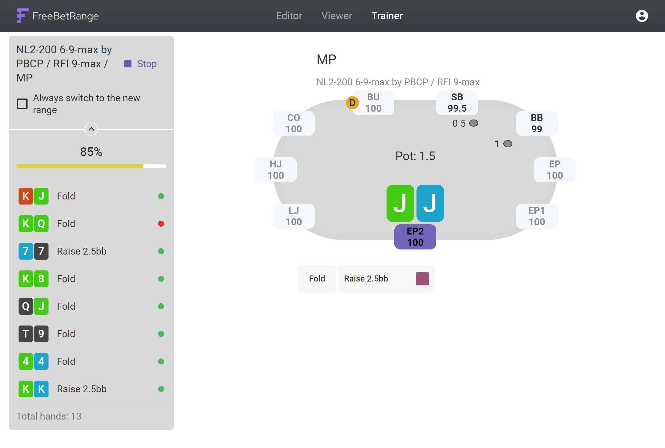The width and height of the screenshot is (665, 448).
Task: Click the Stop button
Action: click(140, 64)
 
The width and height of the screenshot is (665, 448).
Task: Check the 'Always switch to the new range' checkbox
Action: click(22, 104)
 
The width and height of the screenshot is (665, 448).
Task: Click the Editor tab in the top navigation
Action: click(289, 16)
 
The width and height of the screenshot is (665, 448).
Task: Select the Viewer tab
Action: click(337, 16)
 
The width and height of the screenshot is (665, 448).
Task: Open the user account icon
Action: click(642, 16)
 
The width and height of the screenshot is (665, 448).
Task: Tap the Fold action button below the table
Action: click(317, 279)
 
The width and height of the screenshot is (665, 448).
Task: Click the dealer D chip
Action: click(352, 103)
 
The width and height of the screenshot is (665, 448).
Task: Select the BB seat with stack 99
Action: click(537, 123)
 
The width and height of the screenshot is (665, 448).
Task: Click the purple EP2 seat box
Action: click(415, 237)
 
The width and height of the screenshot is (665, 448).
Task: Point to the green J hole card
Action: click(400, 203)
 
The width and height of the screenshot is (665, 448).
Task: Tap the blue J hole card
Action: click(430, 203)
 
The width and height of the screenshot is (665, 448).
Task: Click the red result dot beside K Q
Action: click(161, 224)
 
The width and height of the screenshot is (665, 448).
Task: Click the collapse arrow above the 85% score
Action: click(91, 129)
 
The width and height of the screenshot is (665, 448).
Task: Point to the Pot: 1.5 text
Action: click(415, 156)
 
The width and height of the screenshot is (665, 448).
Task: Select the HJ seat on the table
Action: click(276, 170)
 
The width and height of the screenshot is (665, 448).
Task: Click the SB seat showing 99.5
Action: click(457, 103)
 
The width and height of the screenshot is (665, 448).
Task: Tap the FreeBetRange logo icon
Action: click(23, 16)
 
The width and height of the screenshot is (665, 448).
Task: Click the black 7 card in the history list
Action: click(41, 251)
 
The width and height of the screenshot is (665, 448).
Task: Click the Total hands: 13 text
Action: click(49, 416)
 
